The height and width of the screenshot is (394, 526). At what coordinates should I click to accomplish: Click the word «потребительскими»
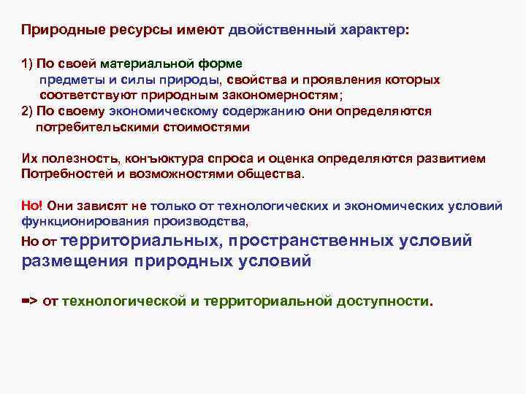[x=94, y=128]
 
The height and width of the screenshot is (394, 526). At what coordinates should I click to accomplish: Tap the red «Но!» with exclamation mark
[x=32, y=206]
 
